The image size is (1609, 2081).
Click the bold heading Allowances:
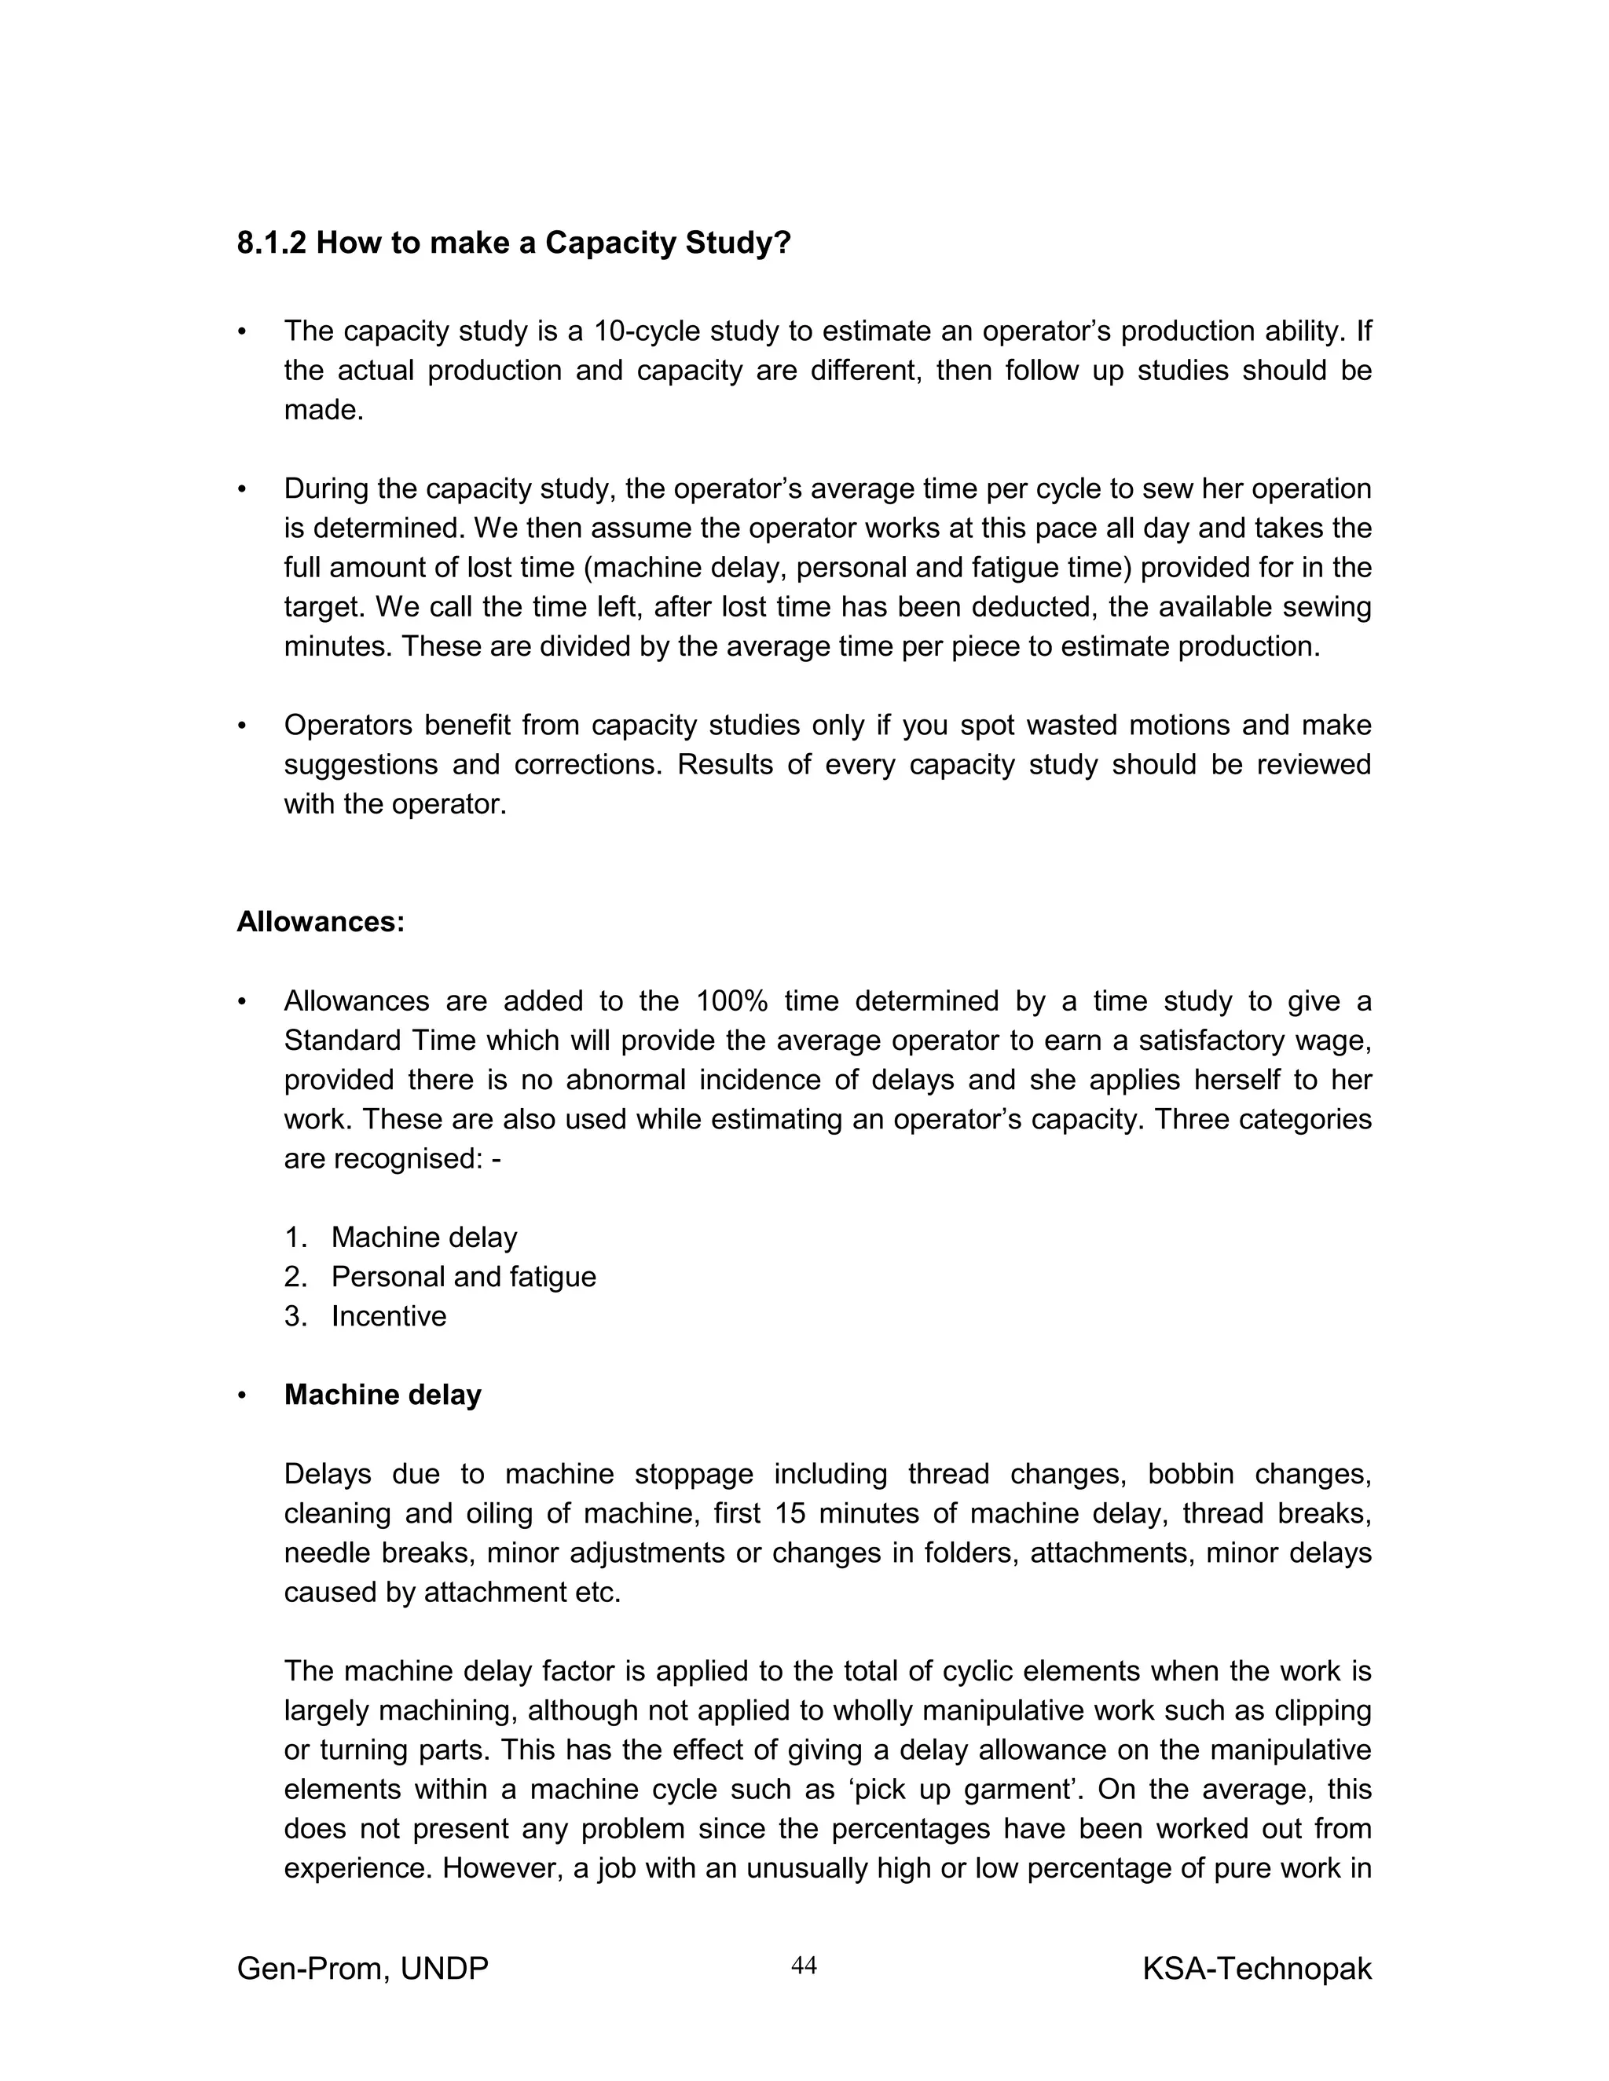321,923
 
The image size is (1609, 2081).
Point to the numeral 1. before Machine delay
295,1238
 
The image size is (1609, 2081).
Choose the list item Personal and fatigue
464,1277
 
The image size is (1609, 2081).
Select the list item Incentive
389,1317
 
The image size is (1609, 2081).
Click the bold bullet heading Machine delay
383,1395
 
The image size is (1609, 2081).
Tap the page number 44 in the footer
804,1965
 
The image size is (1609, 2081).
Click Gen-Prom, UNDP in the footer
362,1969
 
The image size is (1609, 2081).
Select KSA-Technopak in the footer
1256,1969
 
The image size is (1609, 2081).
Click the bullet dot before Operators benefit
242,726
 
